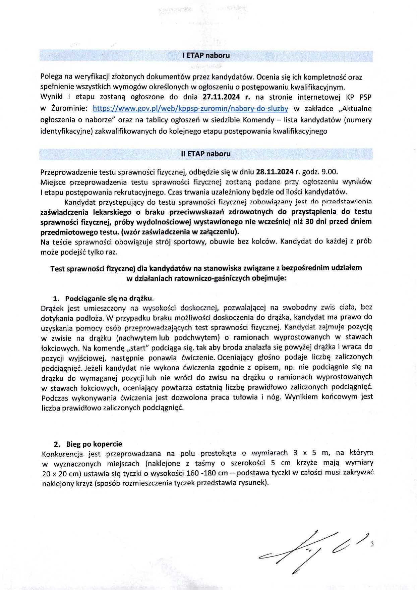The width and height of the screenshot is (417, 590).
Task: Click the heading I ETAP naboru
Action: coord(206,55)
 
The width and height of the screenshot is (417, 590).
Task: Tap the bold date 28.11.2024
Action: coord(275,172)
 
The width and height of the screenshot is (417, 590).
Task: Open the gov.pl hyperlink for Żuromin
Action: coord(190,108)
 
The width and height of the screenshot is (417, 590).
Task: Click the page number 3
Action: coord(372,544)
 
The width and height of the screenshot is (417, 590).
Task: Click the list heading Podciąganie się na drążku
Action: coord(109,298)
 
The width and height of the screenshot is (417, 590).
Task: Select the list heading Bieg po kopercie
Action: coord(94,444)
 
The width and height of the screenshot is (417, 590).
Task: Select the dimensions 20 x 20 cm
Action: coord(62,474)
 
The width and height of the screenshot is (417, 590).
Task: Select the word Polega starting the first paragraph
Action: coord(51,77)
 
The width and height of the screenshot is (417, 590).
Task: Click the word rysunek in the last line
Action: coord(255,483)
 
